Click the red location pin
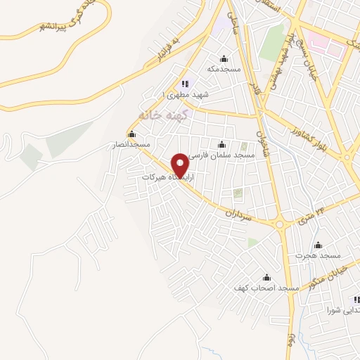coord(181,165)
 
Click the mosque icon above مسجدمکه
coord(224,58)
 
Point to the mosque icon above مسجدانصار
coord(131,134)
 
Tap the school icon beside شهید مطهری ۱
coord(185,84)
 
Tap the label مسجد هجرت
coord(318,256)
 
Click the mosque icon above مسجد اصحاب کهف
coord(266,278)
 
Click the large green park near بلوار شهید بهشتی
coord(272,42)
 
